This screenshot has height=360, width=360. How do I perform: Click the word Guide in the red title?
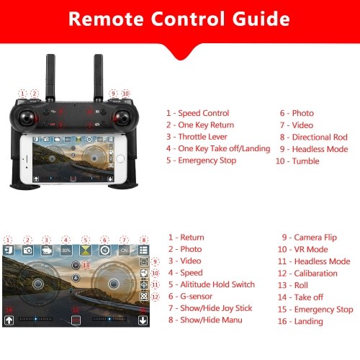pos(261,19)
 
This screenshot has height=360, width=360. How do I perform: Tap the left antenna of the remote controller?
pos(50,77)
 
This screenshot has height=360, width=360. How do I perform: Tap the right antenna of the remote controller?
pos(99,77)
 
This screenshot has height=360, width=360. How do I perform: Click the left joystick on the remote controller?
pos(27,118)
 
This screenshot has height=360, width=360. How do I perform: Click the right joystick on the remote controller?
pos(123,118)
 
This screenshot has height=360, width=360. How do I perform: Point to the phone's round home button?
pos(120,158)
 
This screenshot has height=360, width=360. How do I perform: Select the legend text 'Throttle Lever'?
pos(202,137)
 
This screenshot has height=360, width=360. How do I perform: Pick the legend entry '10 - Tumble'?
pos(297,161)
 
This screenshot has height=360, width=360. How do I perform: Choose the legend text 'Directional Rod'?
pos(320,137)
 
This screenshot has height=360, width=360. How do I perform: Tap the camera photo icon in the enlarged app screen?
pos(28,251)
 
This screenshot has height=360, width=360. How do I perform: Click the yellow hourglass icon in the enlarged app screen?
pos(86,251)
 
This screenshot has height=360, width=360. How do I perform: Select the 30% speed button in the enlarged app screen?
pos(66,251)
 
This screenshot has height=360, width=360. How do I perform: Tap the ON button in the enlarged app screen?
pos(124,251)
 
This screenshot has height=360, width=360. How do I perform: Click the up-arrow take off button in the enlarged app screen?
pos(9,320)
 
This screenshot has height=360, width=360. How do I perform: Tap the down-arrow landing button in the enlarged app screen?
pos(143,320)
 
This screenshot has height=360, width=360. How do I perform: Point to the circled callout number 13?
pos(86,265)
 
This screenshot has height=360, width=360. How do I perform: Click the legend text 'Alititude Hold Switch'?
pos(217,284)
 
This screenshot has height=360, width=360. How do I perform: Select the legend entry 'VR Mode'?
pos(311,249)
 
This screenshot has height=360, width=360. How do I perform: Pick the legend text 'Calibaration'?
pos(316,274)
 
